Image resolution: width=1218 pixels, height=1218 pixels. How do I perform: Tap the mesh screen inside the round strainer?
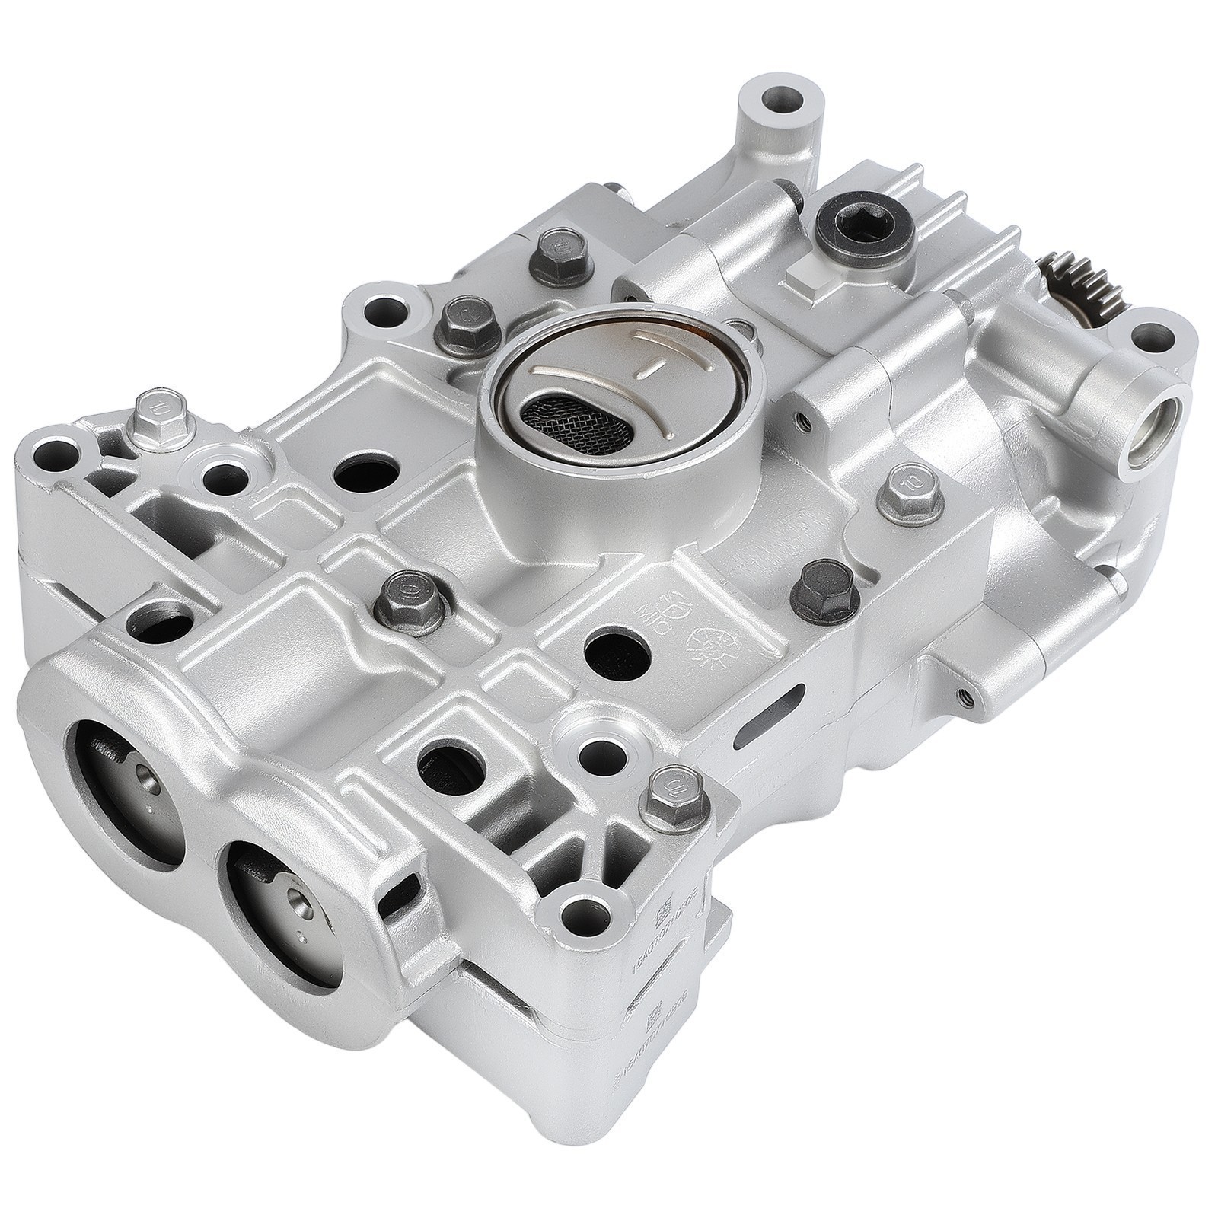coord(577,423)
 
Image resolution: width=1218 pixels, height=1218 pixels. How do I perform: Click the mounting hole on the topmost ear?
coord(782,98)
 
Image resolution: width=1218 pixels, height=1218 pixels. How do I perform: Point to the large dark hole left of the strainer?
coord(366,474)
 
